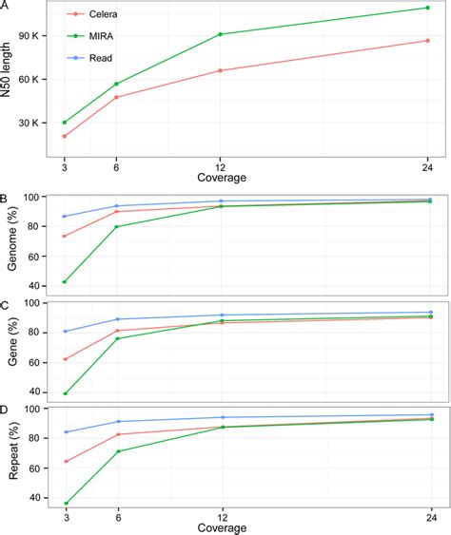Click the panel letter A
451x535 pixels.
pyautogui.click(x=5, y=6)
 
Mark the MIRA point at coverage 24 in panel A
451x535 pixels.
pyautogui.click(x=428, y=8)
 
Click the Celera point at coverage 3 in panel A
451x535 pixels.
pyautogui.click(x=64, y=137)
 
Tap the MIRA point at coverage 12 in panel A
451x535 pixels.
pyautogui.click(x=220, y=34)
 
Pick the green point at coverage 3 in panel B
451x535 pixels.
pyautogui.click(x=64, y=281)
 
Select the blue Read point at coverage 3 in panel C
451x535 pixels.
pyautogui.click(x=64, y=332)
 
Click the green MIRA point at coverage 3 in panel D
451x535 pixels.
pyautogui.click(x=64, y=503)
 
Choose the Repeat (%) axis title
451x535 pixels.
pyautogui.click(x=11, y=454)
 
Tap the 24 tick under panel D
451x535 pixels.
pyautogui.click(x=428, y=516)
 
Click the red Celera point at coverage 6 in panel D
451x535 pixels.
pyautogui.click(x=116, y=434)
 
